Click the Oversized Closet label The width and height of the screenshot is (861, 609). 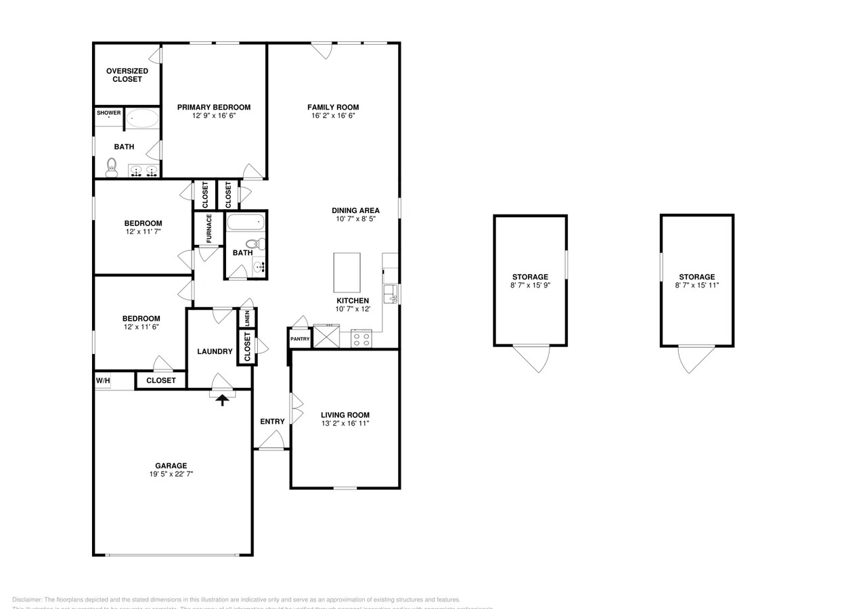pos(127,75)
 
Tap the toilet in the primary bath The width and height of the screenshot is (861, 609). pos(112,167)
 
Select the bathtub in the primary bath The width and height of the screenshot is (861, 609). pos(143,118)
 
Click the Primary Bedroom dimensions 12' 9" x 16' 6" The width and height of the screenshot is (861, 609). pos(213,116)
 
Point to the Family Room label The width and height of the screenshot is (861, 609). pos(333,107)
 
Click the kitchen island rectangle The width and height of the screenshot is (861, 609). pos(347,272)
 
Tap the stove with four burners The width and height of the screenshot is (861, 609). pos(361,338)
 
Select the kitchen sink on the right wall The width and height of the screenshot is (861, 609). pos(391,294)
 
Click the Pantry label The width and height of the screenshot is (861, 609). pos(299,339)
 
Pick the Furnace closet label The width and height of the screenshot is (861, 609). pos(209,228)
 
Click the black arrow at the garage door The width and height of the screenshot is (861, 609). pos(222,400)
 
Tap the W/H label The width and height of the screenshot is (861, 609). pos(103,381)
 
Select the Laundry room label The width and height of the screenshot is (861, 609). pos(215,351)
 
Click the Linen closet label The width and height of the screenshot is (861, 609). pos(247,318)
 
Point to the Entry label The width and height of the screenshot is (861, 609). pos(272,422)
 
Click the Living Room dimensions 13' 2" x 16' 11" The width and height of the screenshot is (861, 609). pos(345,424)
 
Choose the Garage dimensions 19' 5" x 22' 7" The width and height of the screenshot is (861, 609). pos(171,474)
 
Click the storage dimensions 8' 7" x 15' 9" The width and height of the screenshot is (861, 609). pos(530,285)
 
